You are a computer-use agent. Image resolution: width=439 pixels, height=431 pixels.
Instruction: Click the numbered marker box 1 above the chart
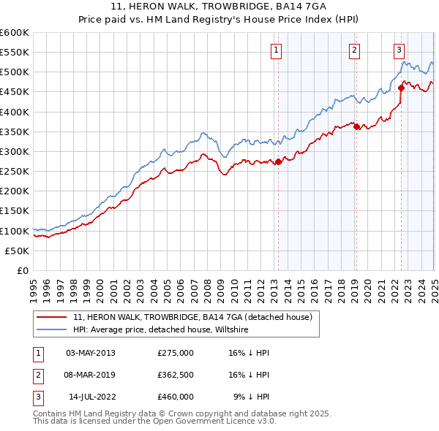tap(276, 50)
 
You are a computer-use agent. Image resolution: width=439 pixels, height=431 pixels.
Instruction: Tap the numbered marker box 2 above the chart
tap(354, 50)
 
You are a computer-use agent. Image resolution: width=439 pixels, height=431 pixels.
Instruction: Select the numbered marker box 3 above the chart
tap(399, 50)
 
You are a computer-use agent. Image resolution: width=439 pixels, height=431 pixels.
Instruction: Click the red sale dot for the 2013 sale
tap(278, 162)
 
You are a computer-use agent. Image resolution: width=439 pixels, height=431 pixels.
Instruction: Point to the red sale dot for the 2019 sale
tap(356, 127)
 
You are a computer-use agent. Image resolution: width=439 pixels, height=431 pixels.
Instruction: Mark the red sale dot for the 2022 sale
tap(402, 88)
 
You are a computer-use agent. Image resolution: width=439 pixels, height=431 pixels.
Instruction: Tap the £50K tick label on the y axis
tap(17, 251)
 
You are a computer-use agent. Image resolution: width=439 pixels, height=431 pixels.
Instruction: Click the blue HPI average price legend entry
tap(161, 330)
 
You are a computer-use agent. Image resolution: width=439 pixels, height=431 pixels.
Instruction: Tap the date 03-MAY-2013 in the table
tap(90, 353)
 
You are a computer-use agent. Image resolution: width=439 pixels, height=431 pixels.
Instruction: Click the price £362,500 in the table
tap(176, 375)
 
